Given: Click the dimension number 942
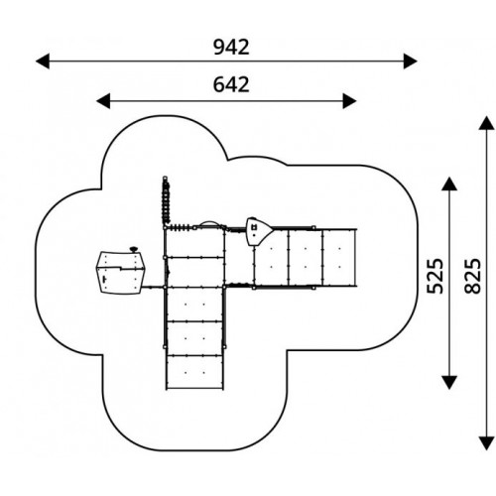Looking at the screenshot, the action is click(231, 47).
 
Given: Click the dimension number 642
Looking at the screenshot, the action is click(231, 84).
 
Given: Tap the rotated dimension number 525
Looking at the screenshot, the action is click(434, 276).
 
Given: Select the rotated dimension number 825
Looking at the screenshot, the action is click(472, 276).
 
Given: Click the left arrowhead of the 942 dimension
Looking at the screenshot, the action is click(43, 62).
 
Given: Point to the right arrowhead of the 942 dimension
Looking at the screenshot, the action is click(410, 62).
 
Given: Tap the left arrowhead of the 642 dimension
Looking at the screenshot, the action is click(103, 101).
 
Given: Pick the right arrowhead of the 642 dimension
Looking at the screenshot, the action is click(349, 101).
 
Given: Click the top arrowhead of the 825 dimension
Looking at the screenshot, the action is click(486, 123).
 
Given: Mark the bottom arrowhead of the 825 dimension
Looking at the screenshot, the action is click(486, 443).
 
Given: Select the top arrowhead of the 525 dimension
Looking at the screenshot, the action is click(449, 184).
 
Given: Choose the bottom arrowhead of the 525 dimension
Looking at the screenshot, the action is click(449, 382).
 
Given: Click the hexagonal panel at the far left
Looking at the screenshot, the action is click(120, 273).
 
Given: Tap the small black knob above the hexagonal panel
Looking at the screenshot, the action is click(134, 249).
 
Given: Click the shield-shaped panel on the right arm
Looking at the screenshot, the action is click(258, 231).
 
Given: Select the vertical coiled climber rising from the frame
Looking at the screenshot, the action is click(166, 200).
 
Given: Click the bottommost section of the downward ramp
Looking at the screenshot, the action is click(194, 372).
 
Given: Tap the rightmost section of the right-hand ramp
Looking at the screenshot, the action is click(339, 257).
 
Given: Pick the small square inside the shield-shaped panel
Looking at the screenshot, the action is click(254, 227).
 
